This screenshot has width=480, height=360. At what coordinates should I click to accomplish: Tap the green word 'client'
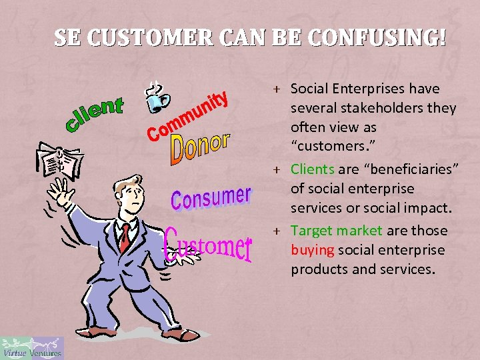click(95, 113)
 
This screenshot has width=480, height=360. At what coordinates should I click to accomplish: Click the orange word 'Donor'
click(200, 149)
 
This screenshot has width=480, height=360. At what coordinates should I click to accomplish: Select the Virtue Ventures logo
click(32, 348)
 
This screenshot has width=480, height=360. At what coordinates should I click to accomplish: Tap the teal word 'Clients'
click(312, 169)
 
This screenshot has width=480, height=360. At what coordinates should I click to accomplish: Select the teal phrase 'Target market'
click(336, 231)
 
